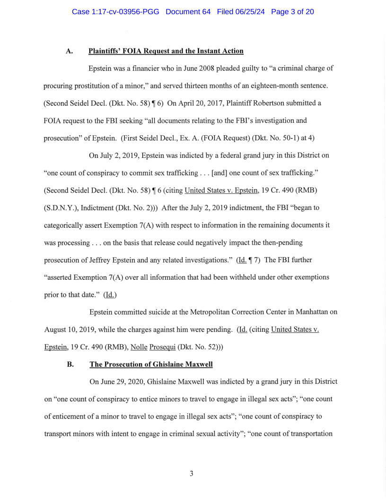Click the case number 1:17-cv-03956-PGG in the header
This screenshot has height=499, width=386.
click(x=116, y=12)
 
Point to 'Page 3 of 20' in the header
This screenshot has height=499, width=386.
click(x=292, y=12)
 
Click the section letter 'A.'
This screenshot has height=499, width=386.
click(x=70, y=51)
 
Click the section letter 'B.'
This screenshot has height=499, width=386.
click(x=70, y=365)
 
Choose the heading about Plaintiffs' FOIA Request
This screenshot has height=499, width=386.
click(x=166, y=51)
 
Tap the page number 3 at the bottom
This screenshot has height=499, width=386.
click(x=191, y=473)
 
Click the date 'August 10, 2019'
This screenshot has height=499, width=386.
click(x=69, y=330)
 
